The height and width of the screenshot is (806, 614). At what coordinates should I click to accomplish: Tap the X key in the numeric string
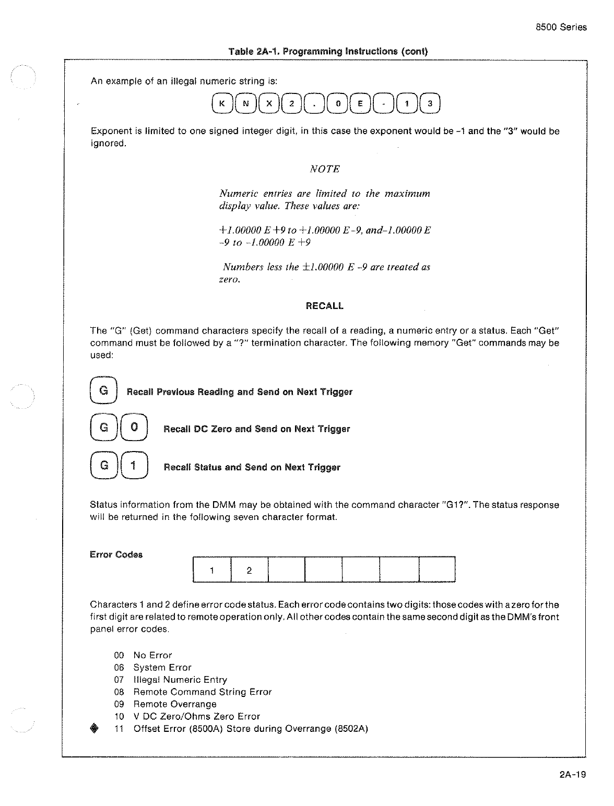click(269, 103)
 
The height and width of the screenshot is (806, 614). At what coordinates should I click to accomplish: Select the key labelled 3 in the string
click(430, 103)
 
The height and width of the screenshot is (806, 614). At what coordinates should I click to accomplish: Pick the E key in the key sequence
click(360, 103)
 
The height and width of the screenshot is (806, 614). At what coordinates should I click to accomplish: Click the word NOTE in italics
click(325, 169)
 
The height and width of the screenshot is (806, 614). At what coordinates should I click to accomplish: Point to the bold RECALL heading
click(324, 306)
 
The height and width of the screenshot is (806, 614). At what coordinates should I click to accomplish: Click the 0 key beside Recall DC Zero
click(134, 428)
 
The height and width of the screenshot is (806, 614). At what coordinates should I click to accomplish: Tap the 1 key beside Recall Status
click(134, 466)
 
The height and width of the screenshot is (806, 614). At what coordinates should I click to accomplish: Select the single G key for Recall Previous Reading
click(104, 390)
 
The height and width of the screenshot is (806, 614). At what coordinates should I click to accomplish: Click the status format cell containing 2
click(249, 570)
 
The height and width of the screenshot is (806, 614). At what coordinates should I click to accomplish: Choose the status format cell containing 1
click(211, 570)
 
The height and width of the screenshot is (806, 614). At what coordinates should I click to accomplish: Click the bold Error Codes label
click(116, 554)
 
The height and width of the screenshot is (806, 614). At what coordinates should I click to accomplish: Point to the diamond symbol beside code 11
click(94, 729)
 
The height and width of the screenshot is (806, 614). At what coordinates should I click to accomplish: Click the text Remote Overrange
click(175, 704)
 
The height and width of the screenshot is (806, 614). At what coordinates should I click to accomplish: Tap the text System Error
click(162, 668)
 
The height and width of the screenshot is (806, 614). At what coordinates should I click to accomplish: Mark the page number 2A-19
click(572, 774)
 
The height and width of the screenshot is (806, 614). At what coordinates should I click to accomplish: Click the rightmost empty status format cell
click(437, 570)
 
